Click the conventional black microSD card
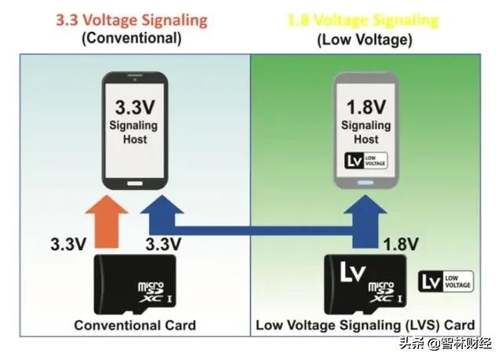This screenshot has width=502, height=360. [135, 283]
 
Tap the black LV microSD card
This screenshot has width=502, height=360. [366, 283]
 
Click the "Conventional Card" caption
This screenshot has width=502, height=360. [135, 325]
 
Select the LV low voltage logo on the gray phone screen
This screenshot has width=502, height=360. [366, 162]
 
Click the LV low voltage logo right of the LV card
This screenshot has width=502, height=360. [446, 282]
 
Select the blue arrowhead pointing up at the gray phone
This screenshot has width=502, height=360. [366, 205]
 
